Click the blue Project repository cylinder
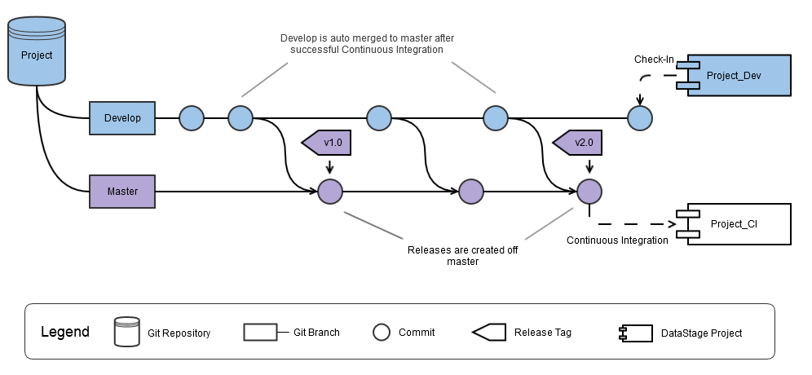[37, 52]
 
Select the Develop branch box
[122, 118]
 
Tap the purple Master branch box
[122, 192]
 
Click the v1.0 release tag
[328, 143]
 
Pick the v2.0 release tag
[580, 143]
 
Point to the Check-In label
[654, 60]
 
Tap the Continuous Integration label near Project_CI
[617, 240]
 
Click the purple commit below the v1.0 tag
[329, 192]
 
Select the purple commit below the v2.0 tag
[589, 192]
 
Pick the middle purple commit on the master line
[471, 192]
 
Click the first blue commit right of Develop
[191, 119]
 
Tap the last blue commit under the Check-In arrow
[640, 119]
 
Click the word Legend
[65, 333]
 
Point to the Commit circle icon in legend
[381, 332]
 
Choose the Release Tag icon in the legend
[488, 332]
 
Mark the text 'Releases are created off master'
[462, 256]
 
